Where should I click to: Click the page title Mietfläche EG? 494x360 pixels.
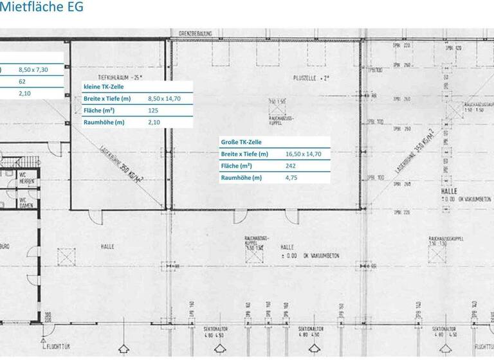click(x=42, y=8)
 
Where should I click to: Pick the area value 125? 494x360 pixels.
click(x=153, y=111)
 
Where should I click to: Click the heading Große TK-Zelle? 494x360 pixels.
click(x=241, y=142)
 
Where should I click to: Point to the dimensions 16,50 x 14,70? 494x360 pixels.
click(x=303, y=154)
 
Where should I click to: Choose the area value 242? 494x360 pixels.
click(x=291, y=166)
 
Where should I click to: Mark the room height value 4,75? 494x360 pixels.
click(x=291, y=178)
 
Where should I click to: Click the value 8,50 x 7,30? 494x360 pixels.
click(x=33, y=69)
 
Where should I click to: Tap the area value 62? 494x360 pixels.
click(x=23, y=82)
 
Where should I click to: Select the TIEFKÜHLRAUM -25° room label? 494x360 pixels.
click(x=120, y=76)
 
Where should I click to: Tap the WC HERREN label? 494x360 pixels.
click(x=26, y=177)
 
